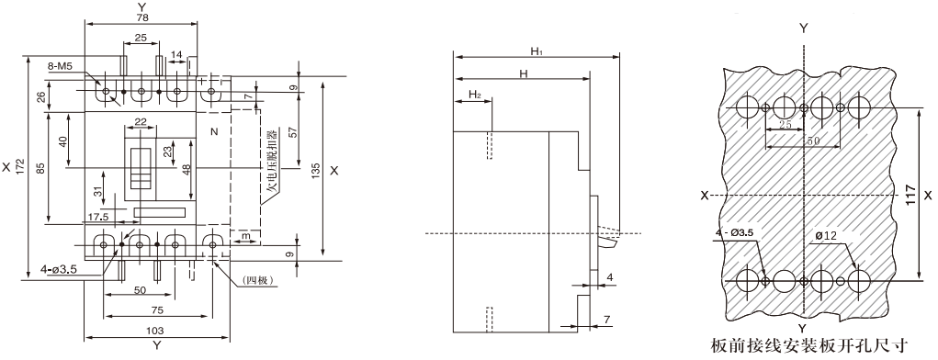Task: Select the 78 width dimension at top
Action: point(141,18)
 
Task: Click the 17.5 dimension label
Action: point(97,217)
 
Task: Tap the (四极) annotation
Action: point(259,278)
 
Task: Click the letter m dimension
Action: point(244,238)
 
